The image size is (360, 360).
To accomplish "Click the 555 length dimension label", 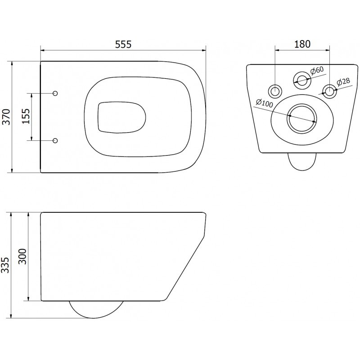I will (122, 44).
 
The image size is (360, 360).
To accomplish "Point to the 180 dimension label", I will (302, 44).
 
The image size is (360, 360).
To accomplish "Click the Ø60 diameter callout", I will (317, 70).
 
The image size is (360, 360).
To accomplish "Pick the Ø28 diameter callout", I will (343, 81).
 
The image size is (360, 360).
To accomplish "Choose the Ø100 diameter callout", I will (264, 103).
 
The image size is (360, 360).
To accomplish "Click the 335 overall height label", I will (5, 265).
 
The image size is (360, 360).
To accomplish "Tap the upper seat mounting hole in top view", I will (55, 93).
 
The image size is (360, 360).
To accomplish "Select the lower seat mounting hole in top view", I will (55, 141).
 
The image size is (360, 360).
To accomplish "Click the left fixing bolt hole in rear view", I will (275, 91).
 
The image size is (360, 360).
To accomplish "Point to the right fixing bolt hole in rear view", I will (329, 91).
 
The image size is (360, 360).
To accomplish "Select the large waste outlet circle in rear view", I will (302, 118).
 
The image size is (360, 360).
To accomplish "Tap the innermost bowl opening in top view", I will (121, 117).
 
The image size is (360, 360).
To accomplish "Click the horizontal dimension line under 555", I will (122, 49).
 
